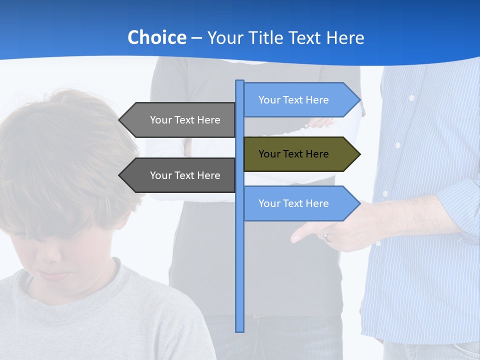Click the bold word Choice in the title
tap(156, 37)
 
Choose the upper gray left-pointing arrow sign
tap(180, 120)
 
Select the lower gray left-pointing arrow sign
tap(180, 175)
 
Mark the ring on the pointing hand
tap(327, 238)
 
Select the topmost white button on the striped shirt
tap(411, 98)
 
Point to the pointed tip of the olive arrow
tap(359, 154)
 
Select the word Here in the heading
tap(345, 37)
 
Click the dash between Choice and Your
tap(196, 38)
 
